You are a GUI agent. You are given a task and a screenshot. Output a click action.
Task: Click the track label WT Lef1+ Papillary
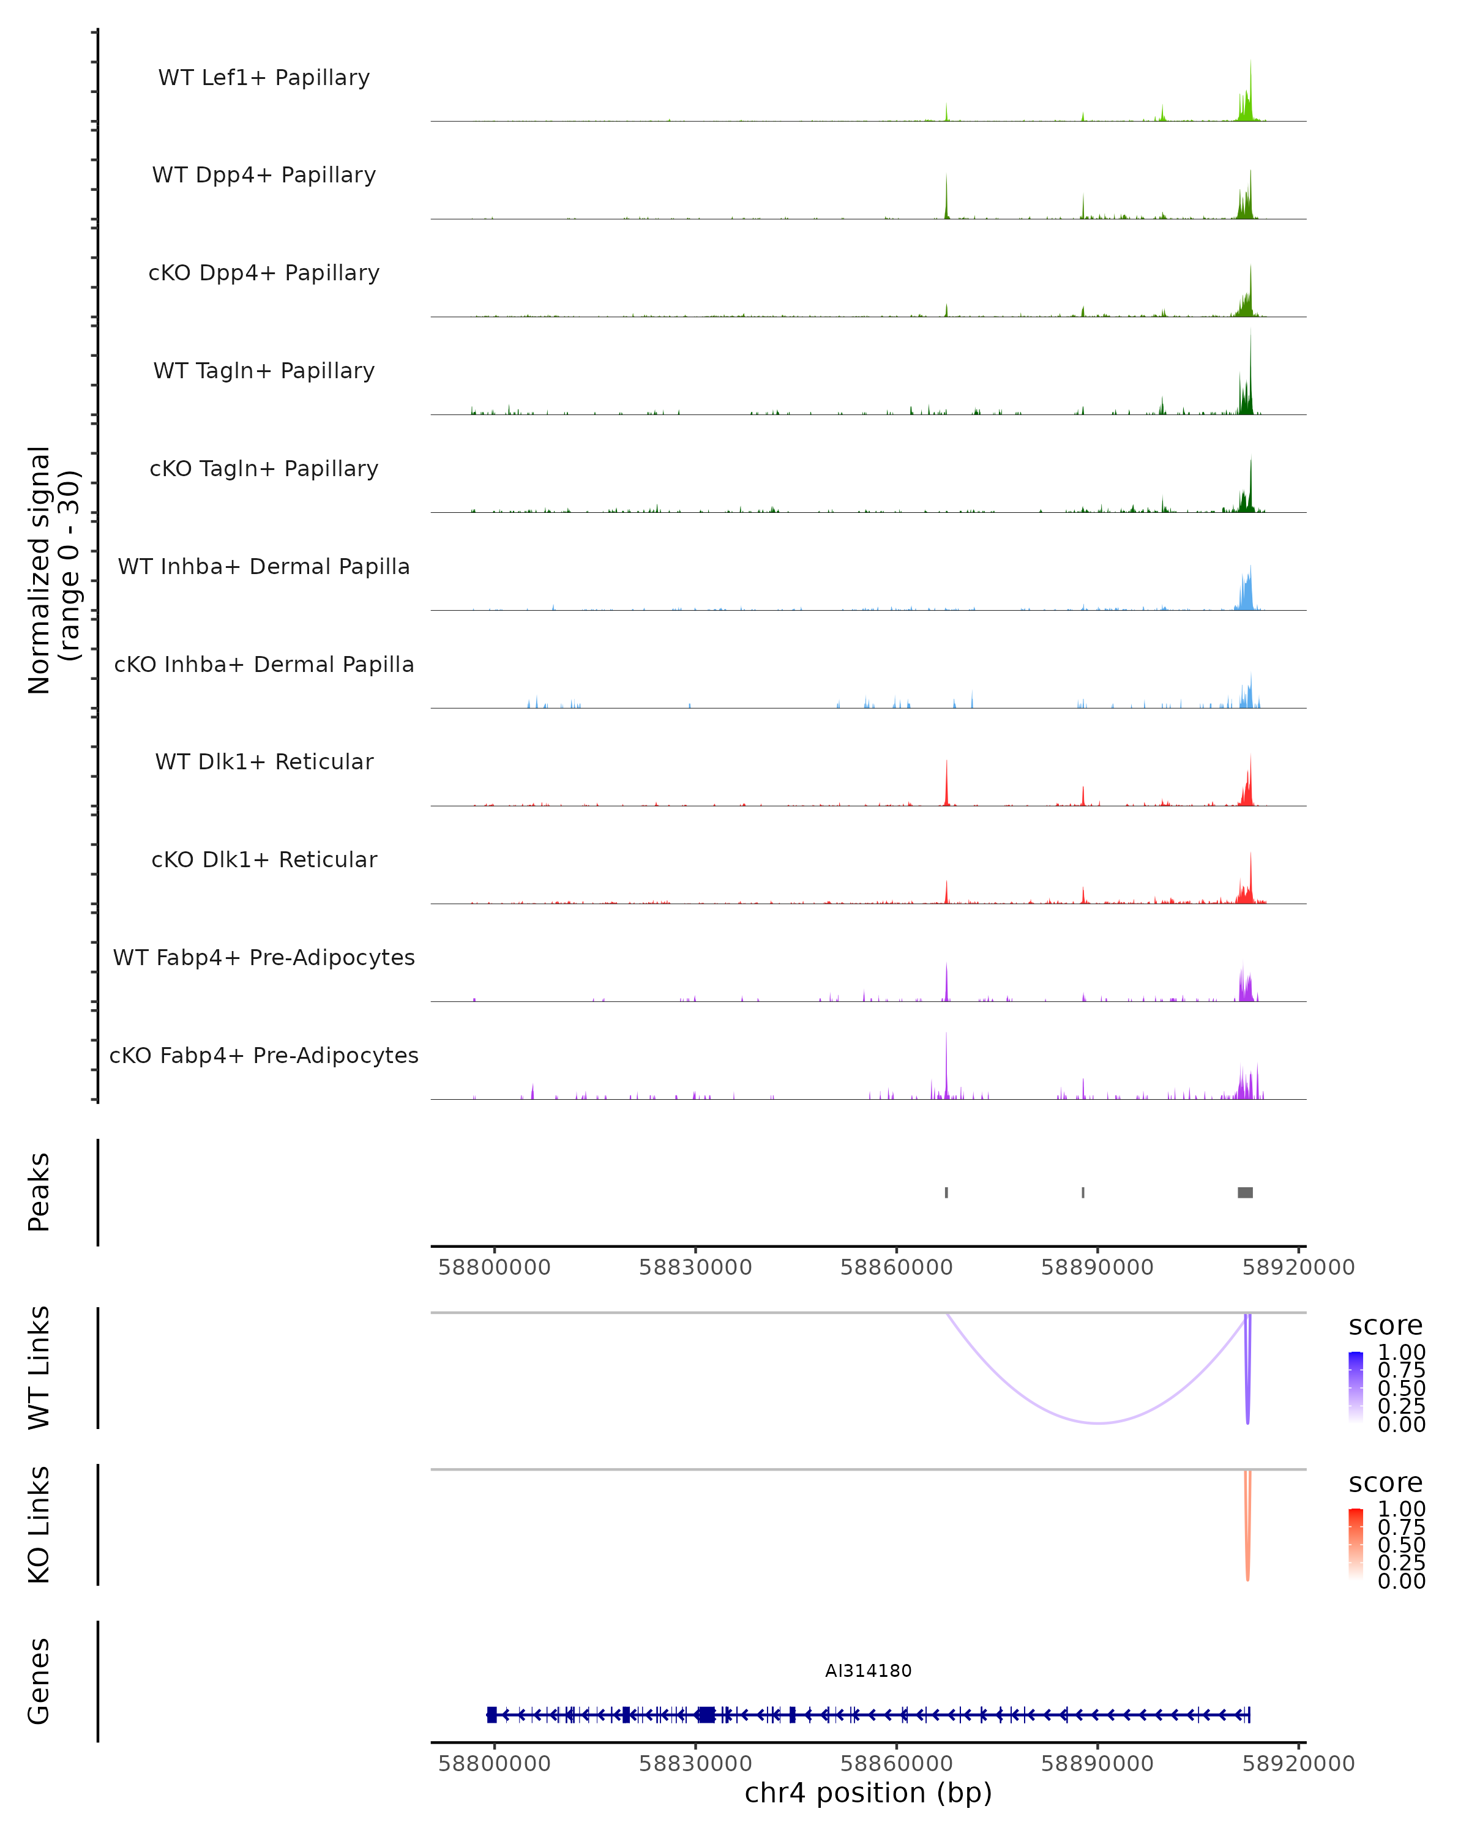(x=264, y=78)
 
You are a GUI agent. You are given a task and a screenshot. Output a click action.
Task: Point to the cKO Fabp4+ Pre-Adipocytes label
(x=264, y=1055)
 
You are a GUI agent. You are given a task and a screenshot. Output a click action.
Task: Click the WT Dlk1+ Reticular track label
(x=264, y=761)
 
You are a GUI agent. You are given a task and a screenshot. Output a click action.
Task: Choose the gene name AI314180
(x=868, y=1671)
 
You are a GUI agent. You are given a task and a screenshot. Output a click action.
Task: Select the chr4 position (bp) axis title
(x=868, y=1793)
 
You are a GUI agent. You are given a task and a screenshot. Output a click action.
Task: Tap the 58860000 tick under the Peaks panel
(x=896, y=1267)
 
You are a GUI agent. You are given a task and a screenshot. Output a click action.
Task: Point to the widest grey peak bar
(x=1244, y=1192)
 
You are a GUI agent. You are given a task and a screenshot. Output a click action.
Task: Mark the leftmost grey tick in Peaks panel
(x=946, y=1192)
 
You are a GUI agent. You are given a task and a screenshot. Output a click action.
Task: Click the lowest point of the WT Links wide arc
(x=1099, y=1423)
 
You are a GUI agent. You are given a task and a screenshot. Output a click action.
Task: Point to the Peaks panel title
(x=39, y=1192)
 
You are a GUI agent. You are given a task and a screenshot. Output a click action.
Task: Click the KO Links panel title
(x=39, y=1524)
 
